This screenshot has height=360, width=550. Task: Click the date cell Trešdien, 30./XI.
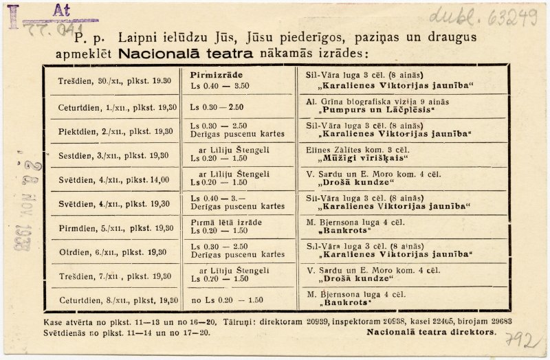(115, 80)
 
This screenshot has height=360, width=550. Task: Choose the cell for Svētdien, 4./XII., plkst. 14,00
(115, 179)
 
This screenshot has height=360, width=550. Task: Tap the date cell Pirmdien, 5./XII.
(115, 228)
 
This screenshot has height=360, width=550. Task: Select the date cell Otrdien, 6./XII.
(115, 252)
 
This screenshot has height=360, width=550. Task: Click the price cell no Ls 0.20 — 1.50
(227, 300)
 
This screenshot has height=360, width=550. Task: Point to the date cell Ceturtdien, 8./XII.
(115, 300)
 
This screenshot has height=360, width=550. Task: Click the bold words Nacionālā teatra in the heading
(186, 52)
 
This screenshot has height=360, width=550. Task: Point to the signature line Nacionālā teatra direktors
(431, 331)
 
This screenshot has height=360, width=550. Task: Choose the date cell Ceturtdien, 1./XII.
(115, 107)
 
